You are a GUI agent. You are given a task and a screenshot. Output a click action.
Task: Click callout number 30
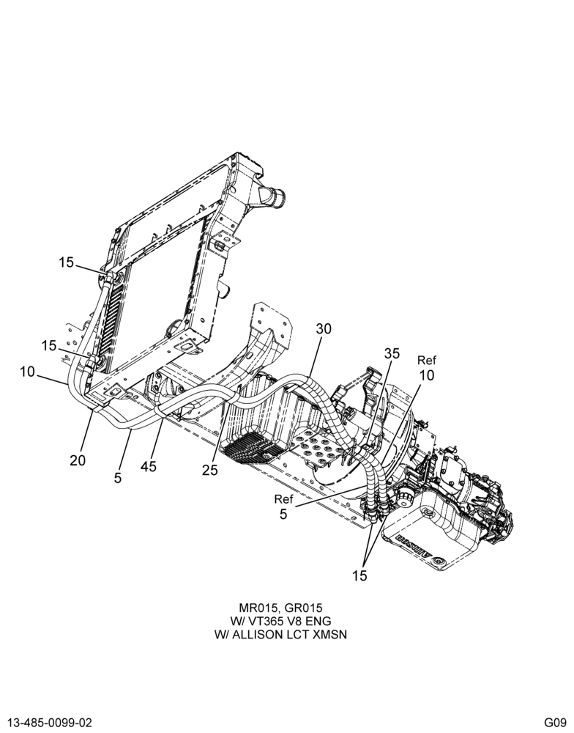324,328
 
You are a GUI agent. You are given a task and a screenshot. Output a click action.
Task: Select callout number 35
392,353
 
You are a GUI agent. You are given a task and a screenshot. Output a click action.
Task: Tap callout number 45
149,466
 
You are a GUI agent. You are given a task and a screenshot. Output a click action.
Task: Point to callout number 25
209,470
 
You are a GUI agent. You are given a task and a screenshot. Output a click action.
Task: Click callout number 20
78,460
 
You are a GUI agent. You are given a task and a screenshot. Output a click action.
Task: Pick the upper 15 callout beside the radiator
67,262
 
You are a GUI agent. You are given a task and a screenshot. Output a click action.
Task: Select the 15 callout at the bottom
359,575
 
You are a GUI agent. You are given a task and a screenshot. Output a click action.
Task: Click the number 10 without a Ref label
28,372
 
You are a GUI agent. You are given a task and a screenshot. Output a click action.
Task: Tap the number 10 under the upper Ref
426,375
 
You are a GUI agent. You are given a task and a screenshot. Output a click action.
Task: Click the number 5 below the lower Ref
283,515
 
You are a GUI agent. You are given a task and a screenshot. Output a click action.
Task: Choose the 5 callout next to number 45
118,478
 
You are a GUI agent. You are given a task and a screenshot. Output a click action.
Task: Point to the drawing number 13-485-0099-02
49,722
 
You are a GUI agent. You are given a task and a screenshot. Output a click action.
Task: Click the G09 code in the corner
555,722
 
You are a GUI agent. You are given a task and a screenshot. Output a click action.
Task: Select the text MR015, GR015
280,608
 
